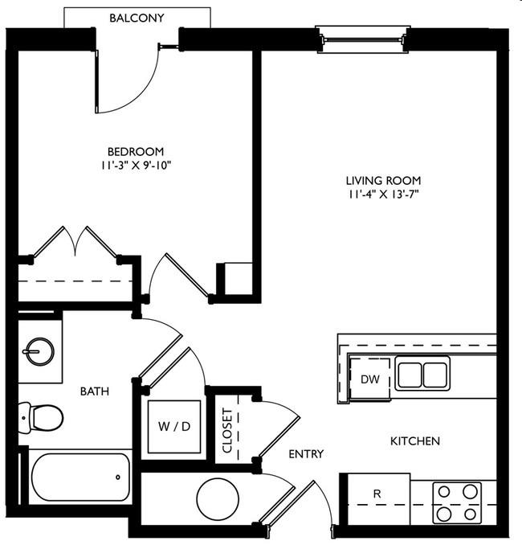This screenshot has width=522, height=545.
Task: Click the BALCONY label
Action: tap(137, 18)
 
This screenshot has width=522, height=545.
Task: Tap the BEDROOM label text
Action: tap(136, 152)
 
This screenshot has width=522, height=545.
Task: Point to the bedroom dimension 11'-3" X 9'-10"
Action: tap(137, 165)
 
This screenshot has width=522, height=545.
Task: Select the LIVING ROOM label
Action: tap(383, 180)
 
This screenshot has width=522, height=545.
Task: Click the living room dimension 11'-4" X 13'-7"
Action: tap(383, 195)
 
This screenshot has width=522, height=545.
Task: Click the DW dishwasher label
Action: tap(370, 379)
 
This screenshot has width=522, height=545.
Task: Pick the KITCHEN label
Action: tap(415, 441)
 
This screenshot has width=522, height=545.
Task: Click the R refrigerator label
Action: tap(377, 494)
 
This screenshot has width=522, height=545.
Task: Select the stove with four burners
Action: tap(457, 502)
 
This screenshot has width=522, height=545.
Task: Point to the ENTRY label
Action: tap(306, 453)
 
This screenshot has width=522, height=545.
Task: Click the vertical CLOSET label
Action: tap(226, 431)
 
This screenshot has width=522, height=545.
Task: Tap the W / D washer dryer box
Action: tap(174, 427)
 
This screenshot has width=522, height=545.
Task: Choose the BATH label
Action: tap(95, 391)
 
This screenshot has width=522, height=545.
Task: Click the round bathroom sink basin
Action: tap(40, 351)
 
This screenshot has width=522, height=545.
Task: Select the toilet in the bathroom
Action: tap(41, 418)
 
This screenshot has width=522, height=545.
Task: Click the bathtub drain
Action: tap(118, 477)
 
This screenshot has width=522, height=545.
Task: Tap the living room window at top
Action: tap(363, 39)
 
